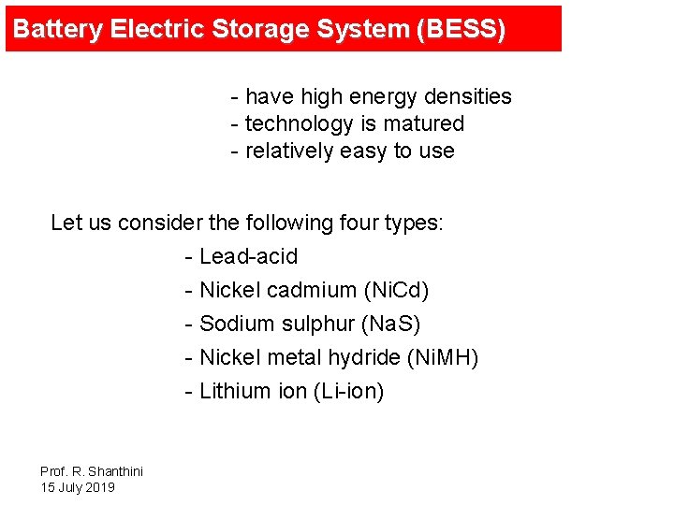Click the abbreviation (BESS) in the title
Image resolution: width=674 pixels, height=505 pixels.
click(x=463, y=29)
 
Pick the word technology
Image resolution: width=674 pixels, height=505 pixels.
click(x=298, y=123)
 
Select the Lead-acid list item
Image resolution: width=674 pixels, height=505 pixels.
click(x=248, y=256)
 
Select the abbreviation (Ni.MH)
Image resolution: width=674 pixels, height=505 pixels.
click(x=444, y=357)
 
